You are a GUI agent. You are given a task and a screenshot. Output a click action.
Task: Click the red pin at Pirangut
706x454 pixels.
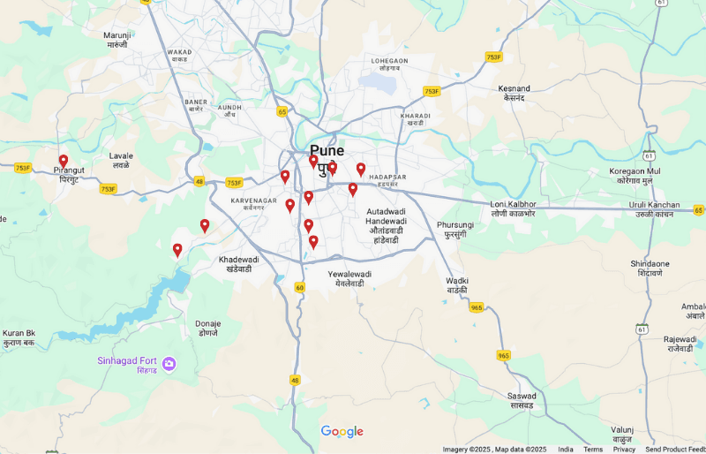[x=64, y=161]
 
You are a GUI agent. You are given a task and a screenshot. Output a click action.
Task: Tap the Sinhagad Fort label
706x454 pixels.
[x=127, y=360]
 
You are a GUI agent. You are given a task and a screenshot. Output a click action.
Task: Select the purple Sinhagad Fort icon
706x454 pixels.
[x=169, y=364]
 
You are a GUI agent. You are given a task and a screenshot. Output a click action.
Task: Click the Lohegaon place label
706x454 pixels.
[x=389, y=61]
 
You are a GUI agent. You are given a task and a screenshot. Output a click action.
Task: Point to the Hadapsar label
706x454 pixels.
[x=387, y=177]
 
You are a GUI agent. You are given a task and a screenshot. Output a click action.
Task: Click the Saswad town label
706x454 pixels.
[x=522, y=396]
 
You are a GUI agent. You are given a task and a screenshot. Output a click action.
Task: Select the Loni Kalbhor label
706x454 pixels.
[x=513, y=205]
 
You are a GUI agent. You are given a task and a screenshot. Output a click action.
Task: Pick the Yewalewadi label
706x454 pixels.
[x=349, y=274]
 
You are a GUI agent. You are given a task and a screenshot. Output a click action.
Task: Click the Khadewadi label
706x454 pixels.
[x=238, y=260]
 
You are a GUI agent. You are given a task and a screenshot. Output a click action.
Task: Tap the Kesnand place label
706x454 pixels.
[x=514, y=89]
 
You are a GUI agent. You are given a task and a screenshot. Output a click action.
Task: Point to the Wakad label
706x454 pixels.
[x=178, y=52]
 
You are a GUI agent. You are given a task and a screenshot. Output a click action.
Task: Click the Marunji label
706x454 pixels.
[x=117, y=35]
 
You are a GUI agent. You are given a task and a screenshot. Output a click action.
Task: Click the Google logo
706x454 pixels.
[x=342, y=431]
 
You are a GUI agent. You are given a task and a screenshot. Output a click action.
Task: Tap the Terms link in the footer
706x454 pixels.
[x=593, y=449]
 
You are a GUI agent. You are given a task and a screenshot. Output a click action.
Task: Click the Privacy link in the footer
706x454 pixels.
[x=624, y=449]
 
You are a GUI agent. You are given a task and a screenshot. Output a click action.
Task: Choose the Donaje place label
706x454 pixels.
[x=208, y=323]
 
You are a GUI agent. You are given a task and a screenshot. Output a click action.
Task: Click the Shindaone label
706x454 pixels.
[x=650, y=264]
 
